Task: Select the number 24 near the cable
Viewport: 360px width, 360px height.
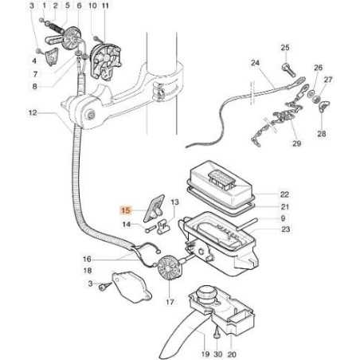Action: click(255, 63)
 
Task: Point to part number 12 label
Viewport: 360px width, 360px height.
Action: click(32, 112)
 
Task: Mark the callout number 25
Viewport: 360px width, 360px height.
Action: click(285, 48)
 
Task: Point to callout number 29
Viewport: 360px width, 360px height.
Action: click(297, 143)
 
